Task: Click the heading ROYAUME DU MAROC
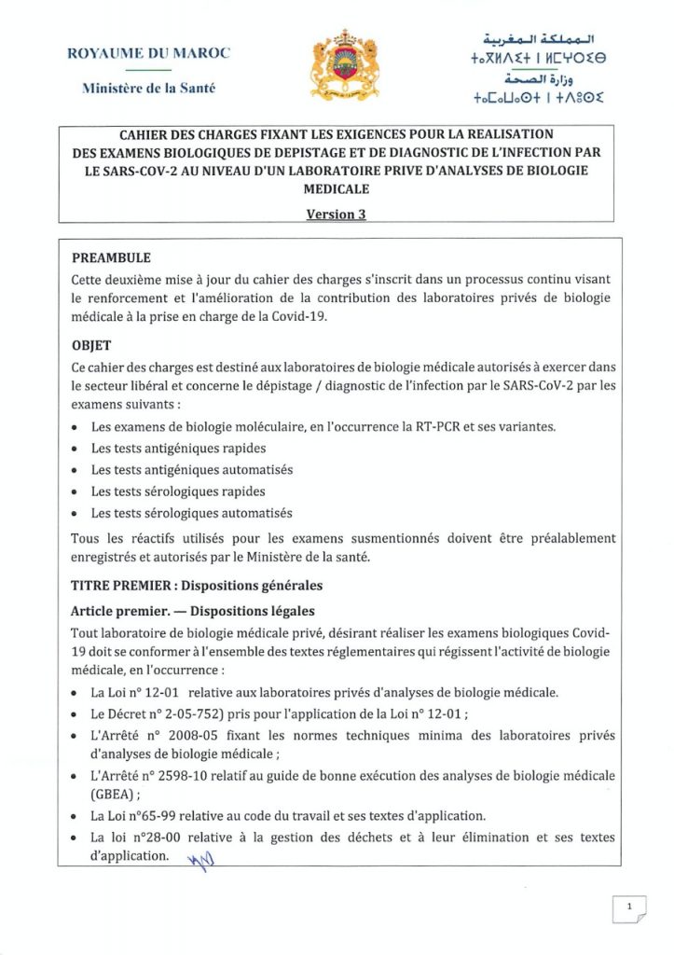(x=149, y=53)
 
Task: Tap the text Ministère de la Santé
(x=149, y=89)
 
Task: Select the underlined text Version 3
(x=336, y=214)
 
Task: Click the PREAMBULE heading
(x=111, y=257)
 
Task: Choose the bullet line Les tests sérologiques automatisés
(x=191, y=513)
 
